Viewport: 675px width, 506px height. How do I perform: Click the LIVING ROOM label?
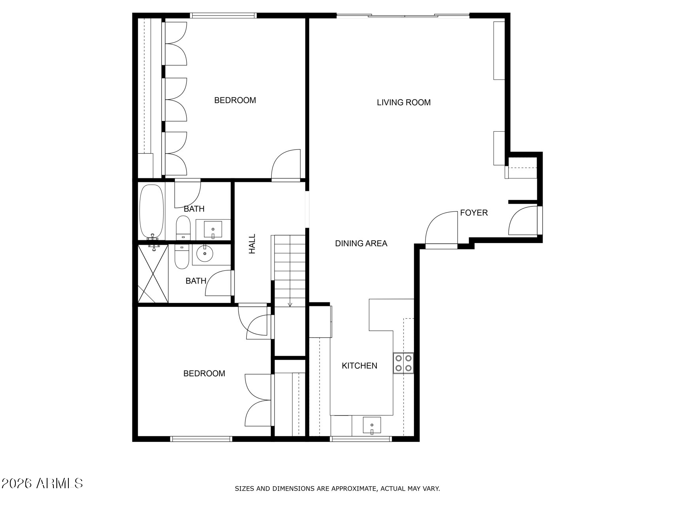(x=403, y=102)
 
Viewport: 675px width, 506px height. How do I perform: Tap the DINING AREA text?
(x=361, y=244)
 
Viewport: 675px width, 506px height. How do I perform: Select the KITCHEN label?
(x=359, y=366)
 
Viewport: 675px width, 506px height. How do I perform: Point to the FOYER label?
(x=474, y=213)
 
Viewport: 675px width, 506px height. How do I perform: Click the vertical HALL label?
(x=252, y=244)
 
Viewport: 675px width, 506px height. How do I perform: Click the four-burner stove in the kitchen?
(x=403, y=363)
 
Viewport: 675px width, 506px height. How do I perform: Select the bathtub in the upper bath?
(x=151, y=211)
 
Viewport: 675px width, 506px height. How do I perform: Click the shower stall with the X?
(x=153, y=274)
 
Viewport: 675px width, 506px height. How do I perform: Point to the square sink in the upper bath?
(x=213, y=230)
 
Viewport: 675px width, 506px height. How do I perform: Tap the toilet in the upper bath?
(x=183, y=228)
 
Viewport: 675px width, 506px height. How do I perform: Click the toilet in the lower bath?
(x=182, y=257)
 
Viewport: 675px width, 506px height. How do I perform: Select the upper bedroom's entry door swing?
(x=286, y=164)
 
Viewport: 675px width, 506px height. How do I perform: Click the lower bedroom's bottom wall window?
(x=201, y=438)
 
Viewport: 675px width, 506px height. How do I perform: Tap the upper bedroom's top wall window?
(x=223, y=15)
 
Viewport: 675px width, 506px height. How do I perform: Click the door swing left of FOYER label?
(x=441, y=228)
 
